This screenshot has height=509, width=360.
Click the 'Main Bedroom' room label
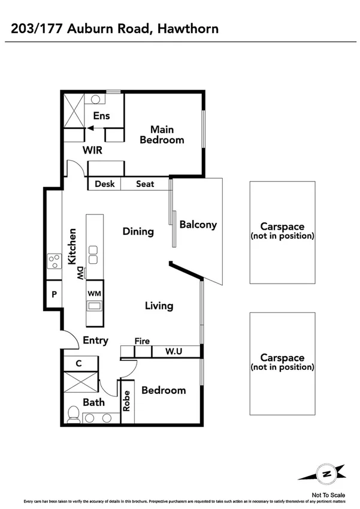(162, 134)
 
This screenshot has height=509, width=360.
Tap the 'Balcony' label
(198, 225)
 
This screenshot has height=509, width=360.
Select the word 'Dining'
(138, 231)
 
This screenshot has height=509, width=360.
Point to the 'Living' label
(159, 306)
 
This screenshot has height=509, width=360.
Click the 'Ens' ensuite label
(102, 116)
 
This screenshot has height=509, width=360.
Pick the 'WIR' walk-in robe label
(92, 150)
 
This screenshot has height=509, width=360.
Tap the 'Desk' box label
(105, 184)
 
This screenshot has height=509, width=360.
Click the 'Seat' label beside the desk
(145, 184)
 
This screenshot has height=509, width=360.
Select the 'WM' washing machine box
(94, 293)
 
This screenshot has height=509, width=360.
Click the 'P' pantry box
(54, 295)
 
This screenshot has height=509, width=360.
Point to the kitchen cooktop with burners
(55, 261)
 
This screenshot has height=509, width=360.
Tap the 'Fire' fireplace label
(142, 341)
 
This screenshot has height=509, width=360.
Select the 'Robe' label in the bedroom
(127, 400)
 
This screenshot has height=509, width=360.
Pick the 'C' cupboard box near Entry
(79, 363)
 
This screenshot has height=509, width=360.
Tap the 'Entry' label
(95, 341)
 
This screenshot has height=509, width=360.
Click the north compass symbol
(327, 473)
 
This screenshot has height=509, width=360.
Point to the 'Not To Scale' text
(328, 495)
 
